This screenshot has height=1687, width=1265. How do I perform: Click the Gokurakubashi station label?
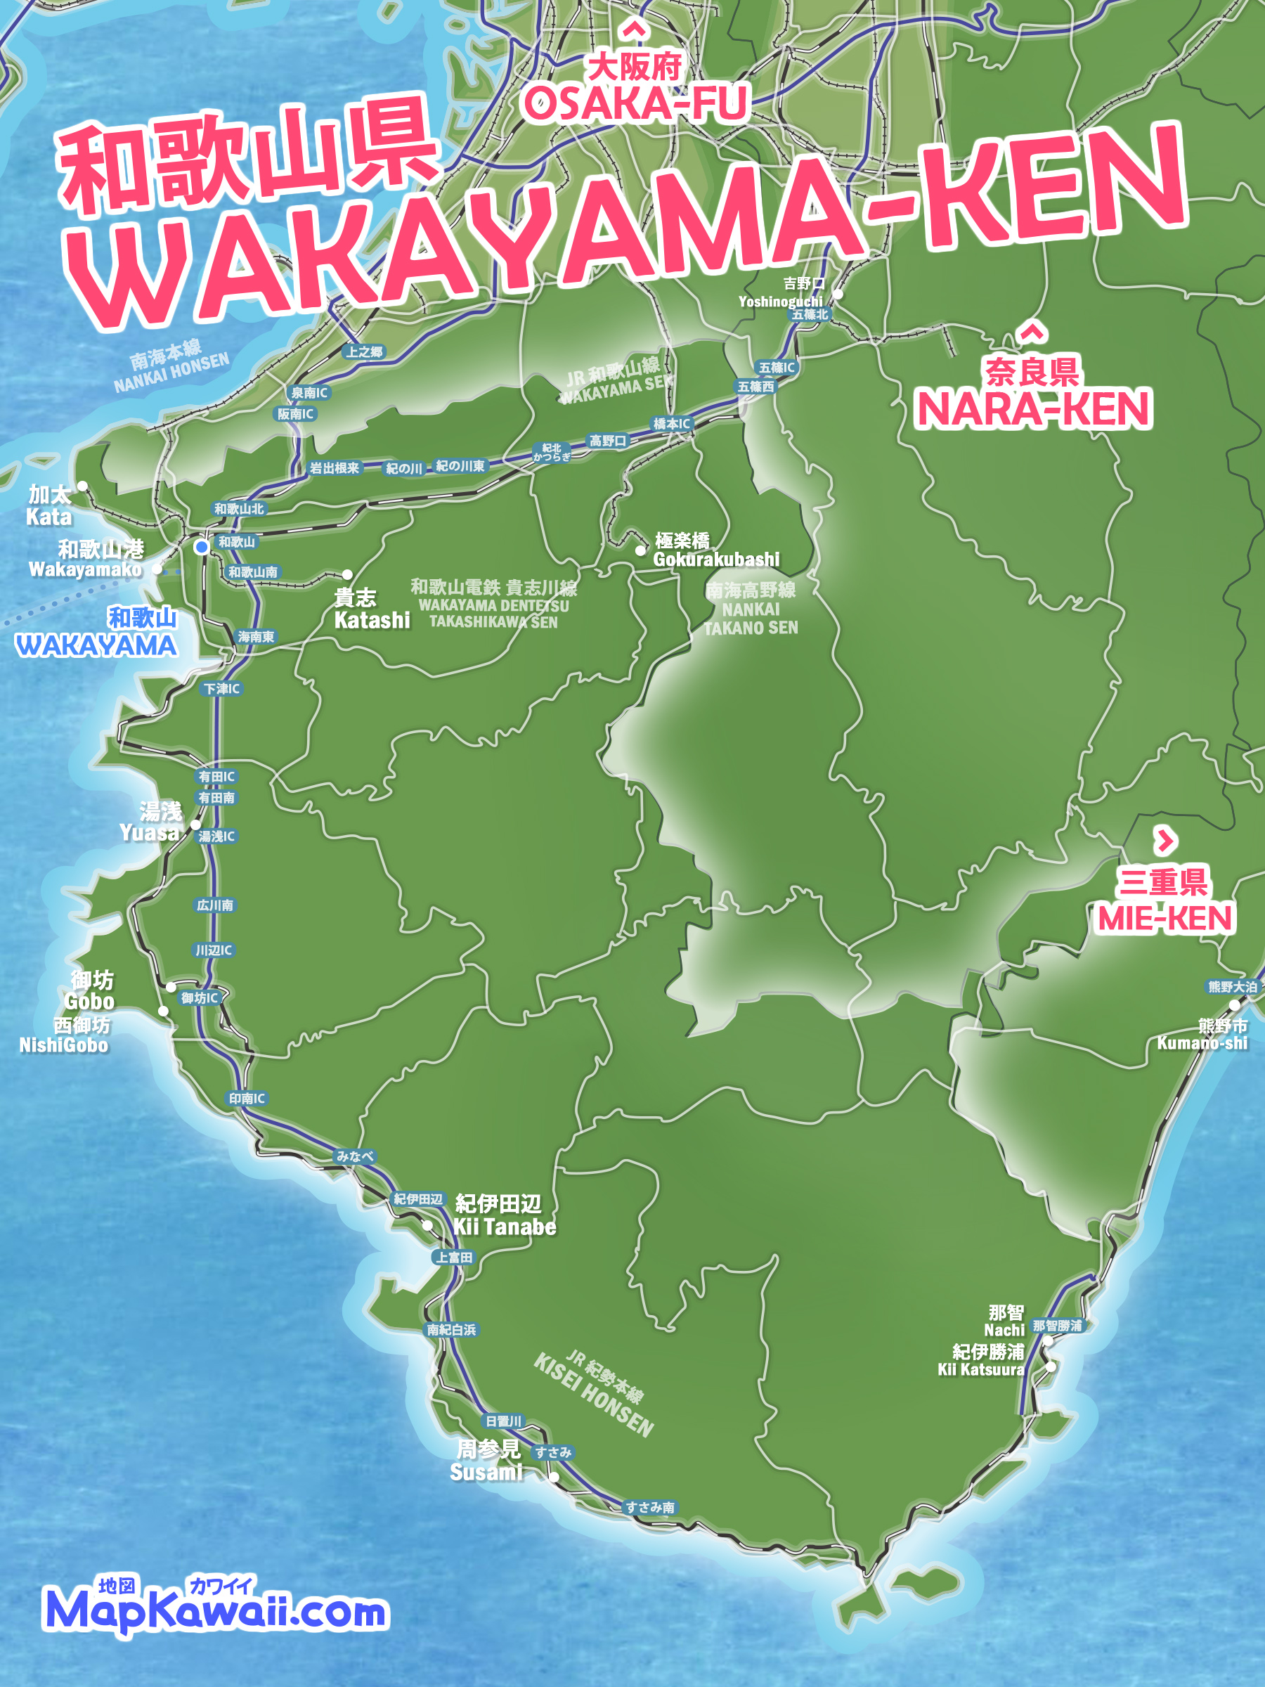click(x=715, y=558)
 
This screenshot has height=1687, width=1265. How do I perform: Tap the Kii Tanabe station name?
click(x=504, y=1227)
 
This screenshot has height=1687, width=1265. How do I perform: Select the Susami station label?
click(x=486, y=1472)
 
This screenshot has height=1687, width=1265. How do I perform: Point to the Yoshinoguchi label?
click(x=780, y=302)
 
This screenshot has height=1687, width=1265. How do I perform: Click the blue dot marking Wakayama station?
click(x=201, y=547)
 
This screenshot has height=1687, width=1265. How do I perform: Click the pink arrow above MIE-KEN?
click(x=1165, y=841)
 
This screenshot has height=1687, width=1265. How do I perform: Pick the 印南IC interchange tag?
click(x=247, y=1099)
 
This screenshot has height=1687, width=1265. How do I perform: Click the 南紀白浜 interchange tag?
click(x=451, y=1329)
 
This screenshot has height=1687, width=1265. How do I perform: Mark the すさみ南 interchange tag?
click(x=649, y=1507)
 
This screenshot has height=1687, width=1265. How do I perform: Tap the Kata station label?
click(x=48, y=517)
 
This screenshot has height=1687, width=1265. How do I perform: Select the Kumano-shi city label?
click(x=1202, y=1042)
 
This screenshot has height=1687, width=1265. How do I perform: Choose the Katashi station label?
click(x=371, y=620)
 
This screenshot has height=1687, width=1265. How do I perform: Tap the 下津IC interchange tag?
click(x=222, y=689)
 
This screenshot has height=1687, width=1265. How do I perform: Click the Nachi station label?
click(x=1004, y=1329)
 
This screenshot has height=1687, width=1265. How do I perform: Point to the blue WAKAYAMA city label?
click(x=96, y=646)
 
